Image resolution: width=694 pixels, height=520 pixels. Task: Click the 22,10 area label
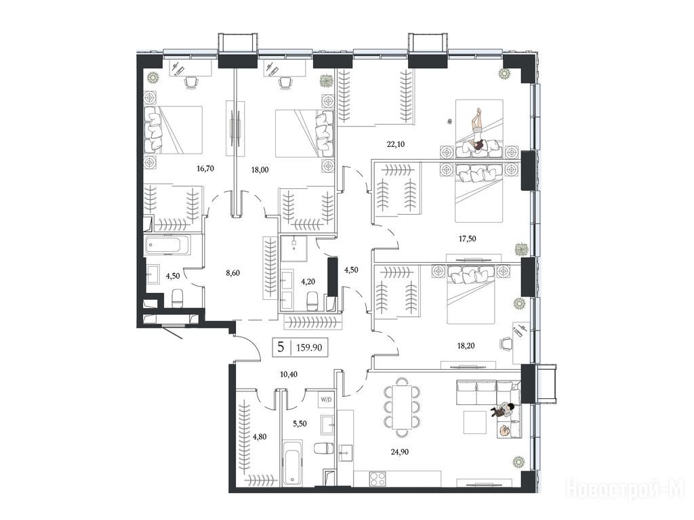click(395, 144)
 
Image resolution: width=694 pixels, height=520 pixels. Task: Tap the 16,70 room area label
click(205, 168)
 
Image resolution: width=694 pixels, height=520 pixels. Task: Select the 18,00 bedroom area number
click(260, 169)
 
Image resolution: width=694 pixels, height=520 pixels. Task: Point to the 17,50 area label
click(467, 238)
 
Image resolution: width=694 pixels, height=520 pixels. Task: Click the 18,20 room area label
click(466, 345)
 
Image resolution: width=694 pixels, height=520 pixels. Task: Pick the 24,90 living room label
click(399, 452)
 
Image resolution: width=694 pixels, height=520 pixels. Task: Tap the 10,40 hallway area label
click(289, 374)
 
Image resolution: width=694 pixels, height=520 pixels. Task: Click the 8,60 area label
click(233, 273)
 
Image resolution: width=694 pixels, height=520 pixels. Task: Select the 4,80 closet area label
click(260, 437)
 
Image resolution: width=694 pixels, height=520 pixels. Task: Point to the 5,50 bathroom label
click(300, 424)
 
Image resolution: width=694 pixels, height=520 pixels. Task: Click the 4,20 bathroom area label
click(308, 280)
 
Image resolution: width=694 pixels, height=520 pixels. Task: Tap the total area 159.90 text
click(309, 347)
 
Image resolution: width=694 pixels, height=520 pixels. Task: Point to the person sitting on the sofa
click(503, 410)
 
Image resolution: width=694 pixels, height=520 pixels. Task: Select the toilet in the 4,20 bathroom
click(312, 301)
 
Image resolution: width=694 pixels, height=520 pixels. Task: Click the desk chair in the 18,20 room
click(507, 343)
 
